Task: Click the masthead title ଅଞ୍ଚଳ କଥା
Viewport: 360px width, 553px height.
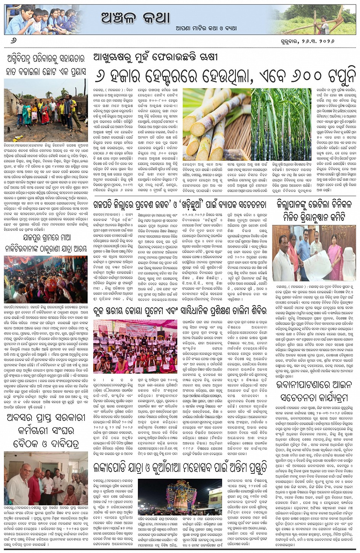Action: pyautogui.click(x=135, y=17)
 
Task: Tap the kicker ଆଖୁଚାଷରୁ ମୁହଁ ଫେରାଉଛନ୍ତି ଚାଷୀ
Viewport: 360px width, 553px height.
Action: pyautogui.click(x=155, y=57)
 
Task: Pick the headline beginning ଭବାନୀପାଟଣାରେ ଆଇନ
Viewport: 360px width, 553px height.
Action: pyautogui.click(x=315, y=391)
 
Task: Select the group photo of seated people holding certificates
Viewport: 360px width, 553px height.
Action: pyautogui.click(x=135, y=346)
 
